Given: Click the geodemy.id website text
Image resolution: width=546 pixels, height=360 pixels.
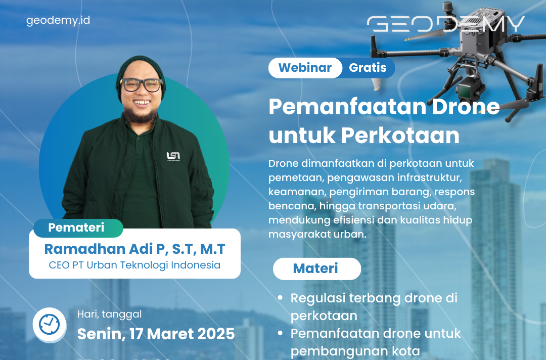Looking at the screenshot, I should (58, 21).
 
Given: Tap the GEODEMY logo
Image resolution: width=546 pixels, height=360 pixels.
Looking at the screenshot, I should (445, 24).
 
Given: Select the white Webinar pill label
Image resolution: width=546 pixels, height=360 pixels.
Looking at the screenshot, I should (305, 68).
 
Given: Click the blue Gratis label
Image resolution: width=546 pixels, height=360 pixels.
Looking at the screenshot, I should (368, 68).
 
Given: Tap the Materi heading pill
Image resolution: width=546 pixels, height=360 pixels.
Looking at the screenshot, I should (316, 268).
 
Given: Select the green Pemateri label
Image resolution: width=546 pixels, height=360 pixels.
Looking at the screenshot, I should (76, 228).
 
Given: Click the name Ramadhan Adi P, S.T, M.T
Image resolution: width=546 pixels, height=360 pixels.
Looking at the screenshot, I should (134, 249).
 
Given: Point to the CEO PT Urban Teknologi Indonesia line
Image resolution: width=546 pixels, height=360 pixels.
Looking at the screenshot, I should (134, 265).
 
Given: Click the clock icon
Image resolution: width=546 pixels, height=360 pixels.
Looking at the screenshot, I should (49, 324).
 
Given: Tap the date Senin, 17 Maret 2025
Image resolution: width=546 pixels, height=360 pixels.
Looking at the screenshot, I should (156, 334).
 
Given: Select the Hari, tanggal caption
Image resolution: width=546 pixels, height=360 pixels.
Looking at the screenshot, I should (109, 314).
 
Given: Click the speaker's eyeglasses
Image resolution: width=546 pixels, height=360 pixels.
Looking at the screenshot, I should (141, 84).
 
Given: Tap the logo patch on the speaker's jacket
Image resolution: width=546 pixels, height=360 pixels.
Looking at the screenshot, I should (173, 156).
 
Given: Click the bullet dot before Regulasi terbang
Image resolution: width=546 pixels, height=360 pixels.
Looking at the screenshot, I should (281, 298).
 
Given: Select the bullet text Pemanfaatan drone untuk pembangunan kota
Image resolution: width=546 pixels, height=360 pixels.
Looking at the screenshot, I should (375, 342).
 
